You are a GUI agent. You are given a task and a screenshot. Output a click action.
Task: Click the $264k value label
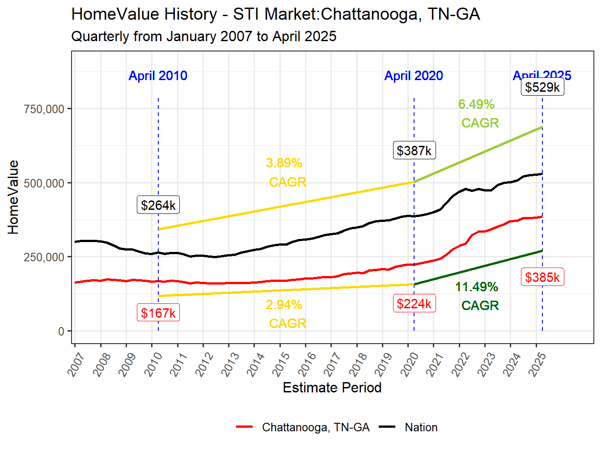click(x=158, y=205)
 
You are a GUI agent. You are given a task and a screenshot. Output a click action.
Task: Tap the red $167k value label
click(x=158, y=313)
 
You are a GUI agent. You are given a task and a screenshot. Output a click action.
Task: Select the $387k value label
click(x=414, y=151)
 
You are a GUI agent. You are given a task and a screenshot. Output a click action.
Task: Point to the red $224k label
click(x=414, y=304)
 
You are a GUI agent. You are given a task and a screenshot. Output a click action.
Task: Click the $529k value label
click(x=542, y=87)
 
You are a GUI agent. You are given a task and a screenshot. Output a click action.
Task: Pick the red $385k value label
click(x=542, y=277)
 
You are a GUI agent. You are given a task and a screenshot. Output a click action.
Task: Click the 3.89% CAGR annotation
click(x=286, y=172)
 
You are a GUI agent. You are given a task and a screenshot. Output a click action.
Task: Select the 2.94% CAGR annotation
click(x=286, y=314)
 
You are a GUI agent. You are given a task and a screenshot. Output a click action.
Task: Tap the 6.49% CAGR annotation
click(x=478, y=114)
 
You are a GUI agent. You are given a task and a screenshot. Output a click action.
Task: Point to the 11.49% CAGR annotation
click(x=478, y=296)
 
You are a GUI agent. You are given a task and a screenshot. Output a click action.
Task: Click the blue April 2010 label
click(x=158, y=76)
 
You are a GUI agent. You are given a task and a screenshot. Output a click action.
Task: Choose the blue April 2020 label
click(x=414, y=76)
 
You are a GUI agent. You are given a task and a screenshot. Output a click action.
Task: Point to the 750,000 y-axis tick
click(x=44, y=109)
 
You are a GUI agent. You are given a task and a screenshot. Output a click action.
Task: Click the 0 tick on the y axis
click(x=61, y=332)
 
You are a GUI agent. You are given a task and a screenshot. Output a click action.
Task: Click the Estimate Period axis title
click(x=332, y=387)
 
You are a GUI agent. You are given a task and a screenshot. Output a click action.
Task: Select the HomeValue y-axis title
click(x=13, y=197)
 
